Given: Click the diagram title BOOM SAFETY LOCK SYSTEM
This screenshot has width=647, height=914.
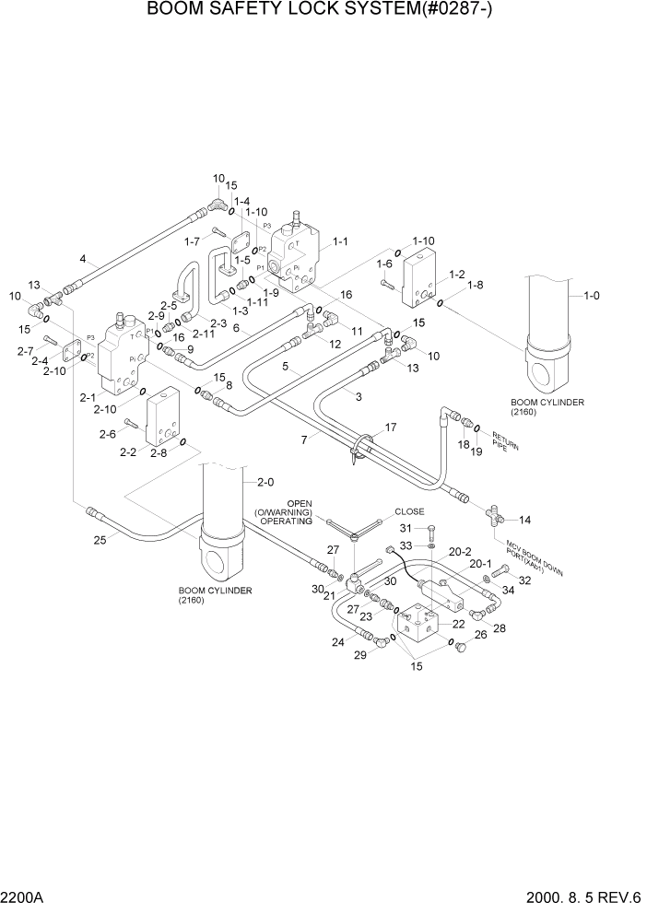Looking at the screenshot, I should [323, 10].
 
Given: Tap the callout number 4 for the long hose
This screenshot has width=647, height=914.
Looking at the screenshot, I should [83, 261].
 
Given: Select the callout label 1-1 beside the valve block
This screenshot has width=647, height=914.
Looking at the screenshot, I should [339, 242].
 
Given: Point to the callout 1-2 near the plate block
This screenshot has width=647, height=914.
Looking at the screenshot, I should [455, 275].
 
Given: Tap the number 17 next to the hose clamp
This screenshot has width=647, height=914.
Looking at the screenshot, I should [391, 428].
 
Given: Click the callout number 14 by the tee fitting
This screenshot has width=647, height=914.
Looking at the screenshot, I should [525, 521].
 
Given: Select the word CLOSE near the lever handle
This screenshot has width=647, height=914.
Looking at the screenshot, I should [409, 511].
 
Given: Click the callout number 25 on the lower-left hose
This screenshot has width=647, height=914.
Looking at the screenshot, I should [100, 540].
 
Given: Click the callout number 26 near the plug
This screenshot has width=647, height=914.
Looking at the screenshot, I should [480, 634].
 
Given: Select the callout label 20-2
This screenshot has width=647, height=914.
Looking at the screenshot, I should [460, 551].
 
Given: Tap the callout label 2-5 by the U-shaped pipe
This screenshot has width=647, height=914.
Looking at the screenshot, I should [169, 305].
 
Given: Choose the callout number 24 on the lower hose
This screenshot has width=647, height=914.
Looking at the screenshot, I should [338, 642].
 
